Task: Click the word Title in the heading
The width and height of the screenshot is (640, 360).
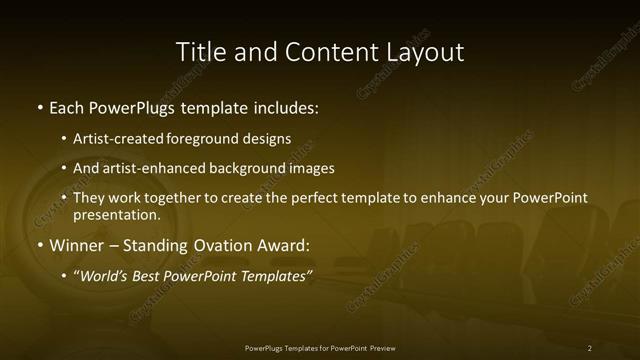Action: pyautogui.click(x=199, y=52)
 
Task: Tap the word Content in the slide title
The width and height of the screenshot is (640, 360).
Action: pyautogui.click(x=325, y=52)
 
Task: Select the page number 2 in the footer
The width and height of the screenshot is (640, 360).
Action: pyautogui.click(x=590, y=348)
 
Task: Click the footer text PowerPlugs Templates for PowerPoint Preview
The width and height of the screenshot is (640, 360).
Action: pyautogui.click(x=320, y=348)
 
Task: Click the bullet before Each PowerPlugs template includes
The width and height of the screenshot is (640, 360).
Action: pyautogui.click(x=39, y=107)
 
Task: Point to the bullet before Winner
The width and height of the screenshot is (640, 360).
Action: pyautogui.click(x=39, y=245)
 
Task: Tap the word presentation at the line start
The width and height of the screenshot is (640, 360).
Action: pyautogui.click(x=115, y=214)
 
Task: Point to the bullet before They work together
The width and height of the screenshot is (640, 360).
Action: pyautogui.click(x=64, y=197)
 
